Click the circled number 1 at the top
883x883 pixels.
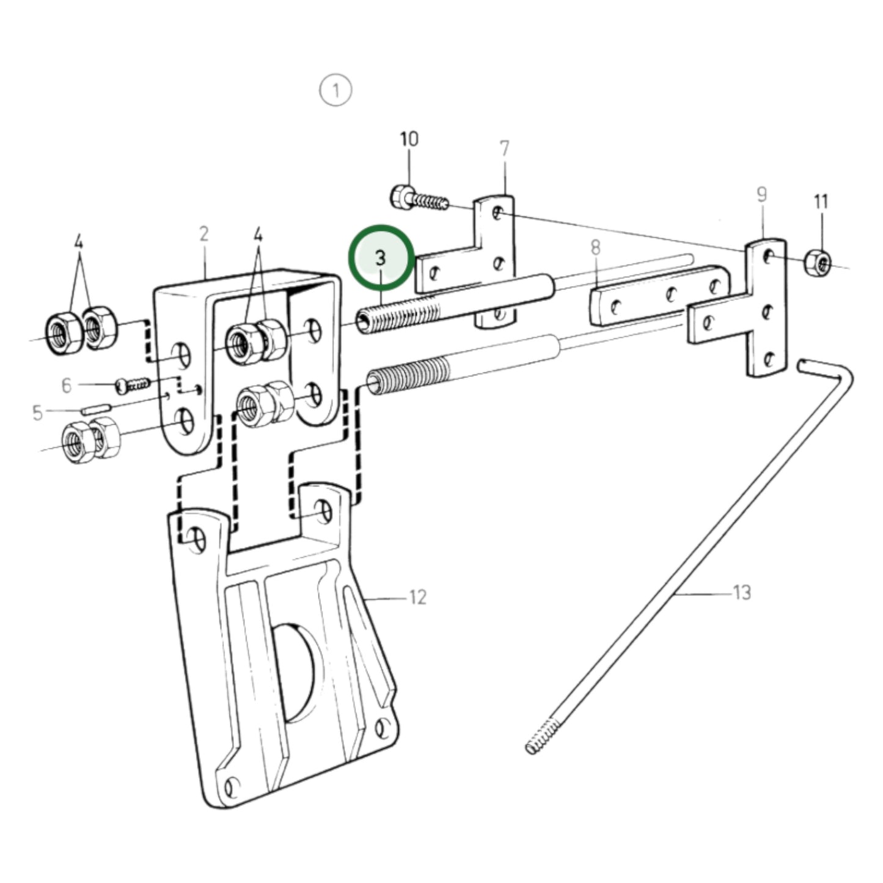(336, 90)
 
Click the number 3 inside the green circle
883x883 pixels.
(381, 258)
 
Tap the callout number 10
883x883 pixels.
(409, 139)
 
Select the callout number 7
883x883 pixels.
(504, 148)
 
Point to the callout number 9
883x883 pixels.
(761, 195)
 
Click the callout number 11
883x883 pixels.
(821, 202)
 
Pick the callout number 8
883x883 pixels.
(595, 248)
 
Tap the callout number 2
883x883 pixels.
(204, 234)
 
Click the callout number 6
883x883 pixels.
(67, 386)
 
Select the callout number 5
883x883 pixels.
(37, 413)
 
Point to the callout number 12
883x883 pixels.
(417, 597)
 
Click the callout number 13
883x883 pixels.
(742, 593)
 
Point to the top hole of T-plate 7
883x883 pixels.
(499, 213)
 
